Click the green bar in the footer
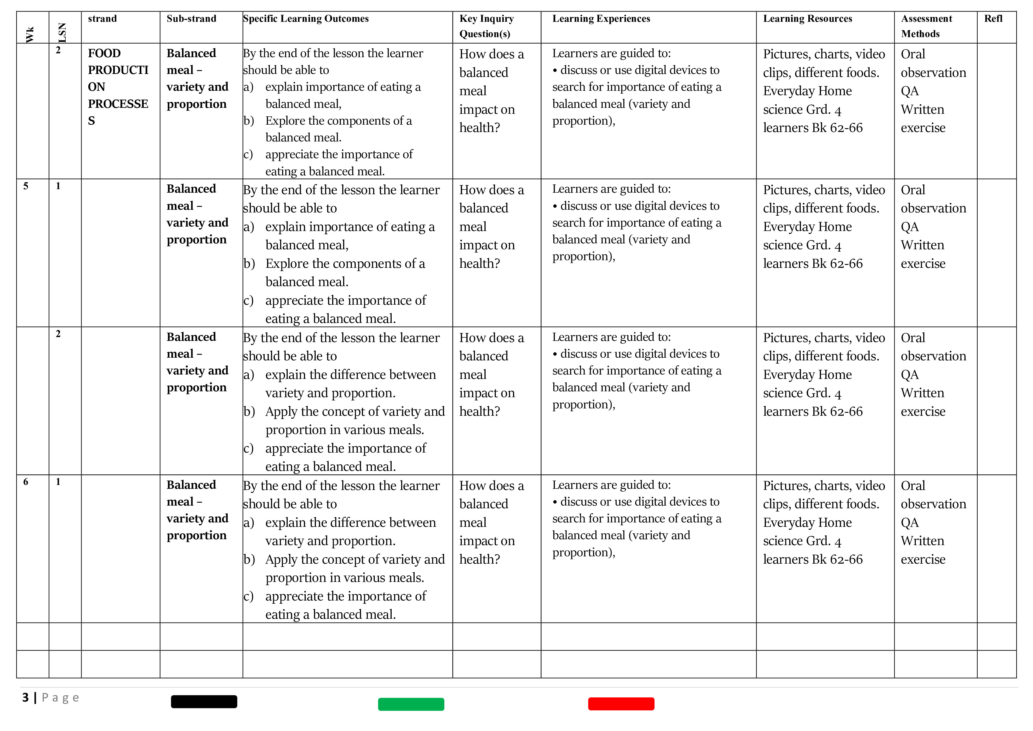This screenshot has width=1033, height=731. click(x=411, y=704)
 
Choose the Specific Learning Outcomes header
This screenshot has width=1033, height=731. click(x=306, y=19)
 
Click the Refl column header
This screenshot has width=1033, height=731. click(x=993, y=19)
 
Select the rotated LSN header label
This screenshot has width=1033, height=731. click(x=62, y=32)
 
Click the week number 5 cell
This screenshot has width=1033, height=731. click(x=26, y=186)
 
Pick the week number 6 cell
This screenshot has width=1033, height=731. click(x=26, y=482)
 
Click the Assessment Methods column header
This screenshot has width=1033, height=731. click(x=926, y=26)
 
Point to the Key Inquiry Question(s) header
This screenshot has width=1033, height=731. click(x=486, y=26)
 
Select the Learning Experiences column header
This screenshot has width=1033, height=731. click(x=601, y=19)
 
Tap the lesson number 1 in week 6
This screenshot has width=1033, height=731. click(x=58, y=482)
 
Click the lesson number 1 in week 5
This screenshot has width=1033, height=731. click(x=58, y=186)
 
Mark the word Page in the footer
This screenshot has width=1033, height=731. click(x=60, y=698)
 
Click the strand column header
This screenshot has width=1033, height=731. click(x=102, y=19)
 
